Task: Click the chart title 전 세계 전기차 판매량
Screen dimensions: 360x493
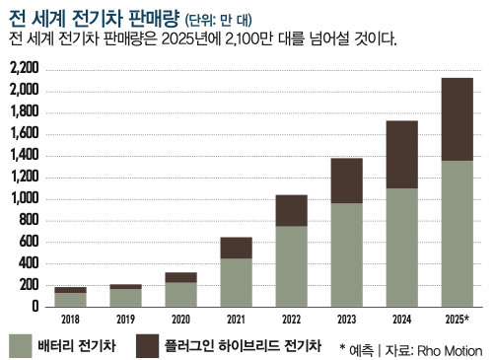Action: pyautogui.click(x=81, y=16)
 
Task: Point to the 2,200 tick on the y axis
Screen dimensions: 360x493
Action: pyautogui.click(x=24, y=68)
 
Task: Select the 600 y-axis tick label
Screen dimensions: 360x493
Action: pyautogui.click(x=29, y=242)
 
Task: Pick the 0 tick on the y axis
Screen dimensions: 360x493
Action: pyautogui.click(x=35, y=307)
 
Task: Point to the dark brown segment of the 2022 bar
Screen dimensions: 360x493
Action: pyautogui.click(x=290, y=210)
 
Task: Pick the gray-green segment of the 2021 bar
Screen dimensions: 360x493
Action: pyautogui.click(x=236, y=282)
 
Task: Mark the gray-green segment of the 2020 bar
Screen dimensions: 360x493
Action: pyautogui.click(x=180, y=294)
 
